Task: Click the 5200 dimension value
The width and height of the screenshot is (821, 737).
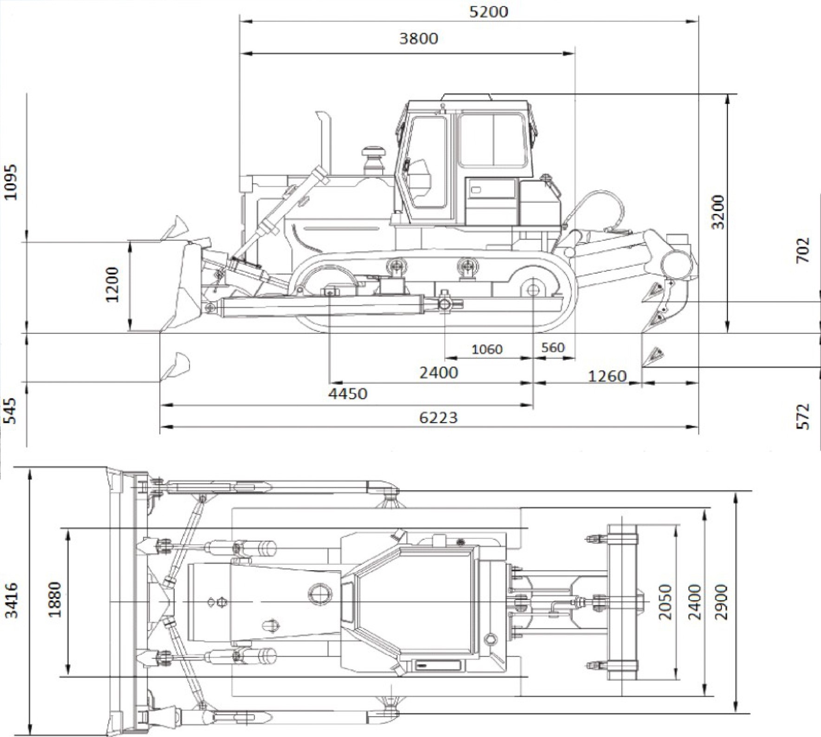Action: click(x=489, y=12)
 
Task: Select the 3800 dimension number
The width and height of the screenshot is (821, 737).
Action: click(x=418, y=38)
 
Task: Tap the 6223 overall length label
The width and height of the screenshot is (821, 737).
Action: click(x=438, y=418)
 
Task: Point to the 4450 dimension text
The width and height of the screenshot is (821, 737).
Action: click(x=348, y=394)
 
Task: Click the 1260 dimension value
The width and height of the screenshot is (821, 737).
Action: click(x=607, y=375)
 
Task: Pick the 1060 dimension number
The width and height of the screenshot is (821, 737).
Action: click(x=487, y=349)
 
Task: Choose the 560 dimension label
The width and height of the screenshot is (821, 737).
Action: click(x=553, y=347)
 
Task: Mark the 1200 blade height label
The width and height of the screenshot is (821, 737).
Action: click(x=112, y=284)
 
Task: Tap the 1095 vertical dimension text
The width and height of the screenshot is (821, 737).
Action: click(x=10, y=181)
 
